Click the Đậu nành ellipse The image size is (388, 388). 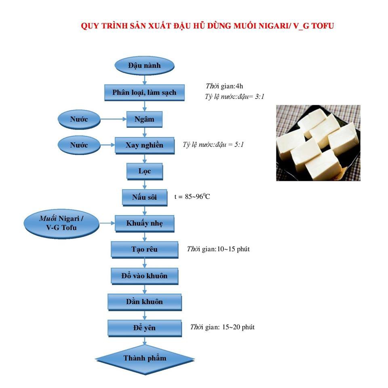point(145,66)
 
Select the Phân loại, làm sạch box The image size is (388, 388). point(145,93)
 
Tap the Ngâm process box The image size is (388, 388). point(145,119)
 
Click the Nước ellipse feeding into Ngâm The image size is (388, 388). point(79,120)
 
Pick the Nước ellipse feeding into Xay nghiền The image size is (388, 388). point(79,145)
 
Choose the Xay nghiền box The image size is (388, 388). point(145,145)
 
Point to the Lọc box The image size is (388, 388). point(145,171)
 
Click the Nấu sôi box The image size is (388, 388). point(145,198)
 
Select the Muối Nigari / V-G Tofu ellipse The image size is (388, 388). point(61,224)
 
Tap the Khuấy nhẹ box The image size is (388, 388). point(145,224)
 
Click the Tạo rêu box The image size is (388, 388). point(145,250)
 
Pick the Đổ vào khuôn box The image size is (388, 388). point(145,276)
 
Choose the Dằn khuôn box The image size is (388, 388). point(145,302)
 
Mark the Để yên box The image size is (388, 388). point(145,328)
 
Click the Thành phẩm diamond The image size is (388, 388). point(145,359)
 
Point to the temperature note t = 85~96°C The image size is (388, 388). point(192,196)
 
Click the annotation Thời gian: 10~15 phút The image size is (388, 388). point(218,249)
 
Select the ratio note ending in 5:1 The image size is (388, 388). point(213,145)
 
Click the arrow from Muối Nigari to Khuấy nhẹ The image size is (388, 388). point(107,223)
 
